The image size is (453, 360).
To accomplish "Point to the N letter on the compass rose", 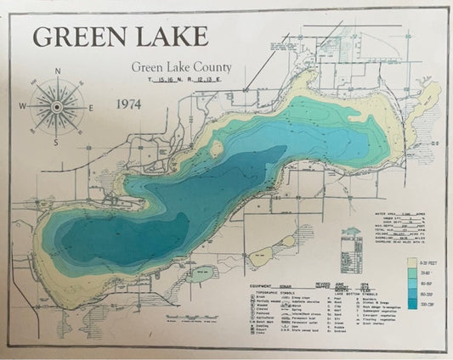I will [x=57, y=71].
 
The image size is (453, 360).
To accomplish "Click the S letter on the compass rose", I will [x=56, y=143].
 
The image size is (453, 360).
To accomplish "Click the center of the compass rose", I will [x=56, y=107].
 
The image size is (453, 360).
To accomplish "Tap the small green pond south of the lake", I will [x=201, y=273].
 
